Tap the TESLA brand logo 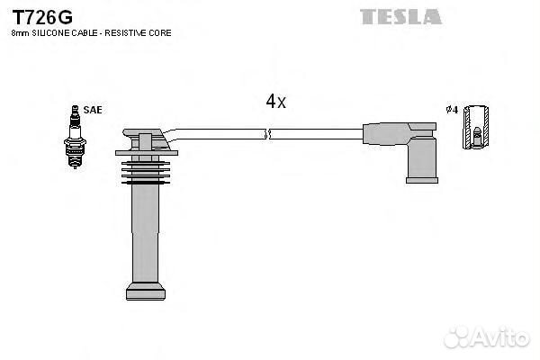pyautogui.click(x=400, y=16)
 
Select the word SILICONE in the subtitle pyautogui.click(x=51, y=33)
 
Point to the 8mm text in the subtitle pyautogui.click(x=17, y=33)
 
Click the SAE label pyautogui.click(x=93, y=110)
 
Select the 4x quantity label pyautogui.click(x=275, y=102)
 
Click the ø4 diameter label pyautogui.click(x=452, y=110)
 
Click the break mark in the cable pyautogui.click(x=266, y=134)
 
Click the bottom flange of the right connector pyautogui.click(x=420, y=179)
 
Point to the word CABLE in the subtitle pyautogui.click(x=83, y=33)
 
